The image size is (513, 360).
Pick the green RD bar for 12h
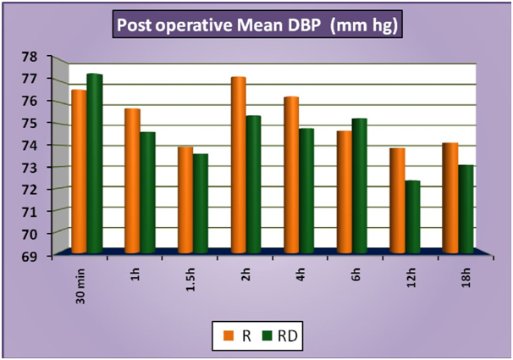click(x=412, y=217)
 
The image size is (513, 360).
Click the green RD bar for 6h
click(x=360, y=186)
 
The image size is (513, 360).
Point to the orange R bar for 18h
click(x=450, y=198)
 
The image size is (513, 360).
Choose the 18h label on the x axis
click(x=455, y=274)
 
